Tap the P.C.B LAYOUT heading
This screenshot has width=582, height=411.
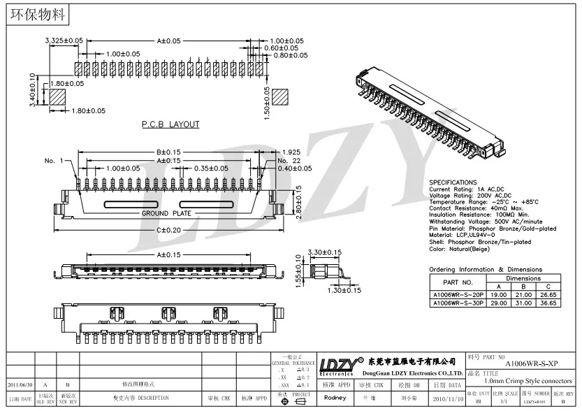pyautogui.click(x=170, y=124)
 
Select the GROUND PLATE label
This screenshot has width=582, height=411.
pyautogui.click(x=165, y=213)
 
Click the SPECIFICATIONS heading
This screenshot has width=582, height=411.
pyautogui.click(x=453, y=182)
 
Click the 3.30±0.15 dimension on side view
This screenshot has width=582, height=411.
pyautogui.click(x=325, y=252)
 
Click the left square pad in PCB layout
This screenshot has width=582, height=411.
pyautogui.click(x=57, y=96)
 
